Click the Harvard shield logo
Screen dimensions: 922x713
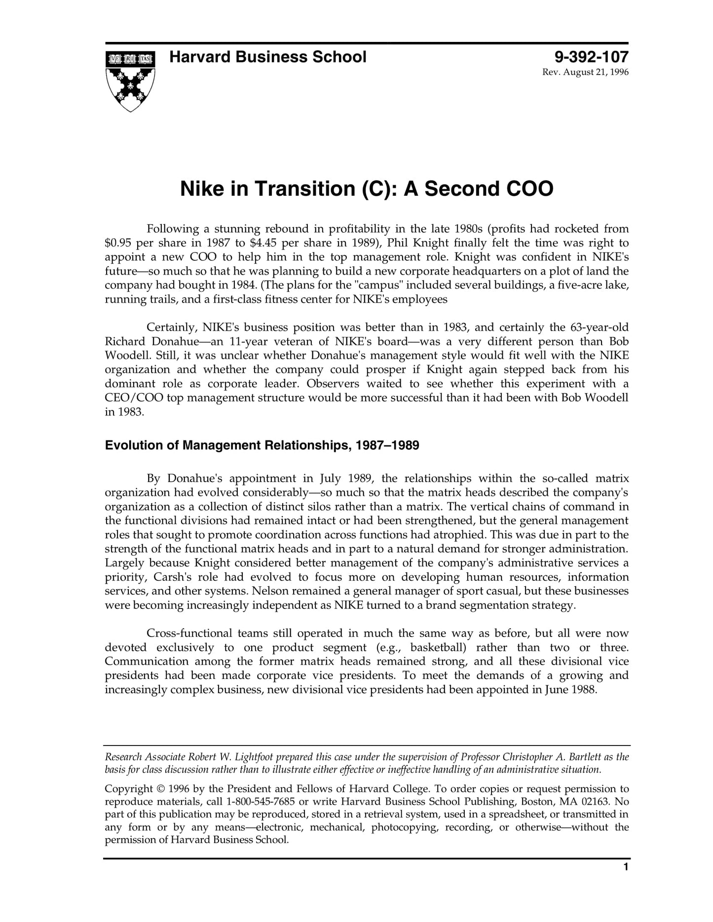[x=130, y=80]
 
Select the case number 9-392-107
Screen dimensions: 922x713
[x=591, y=57]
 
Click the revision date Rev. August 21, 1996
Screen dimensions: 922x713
[x=585, y=72]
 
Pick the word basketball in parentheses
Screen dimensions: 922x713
[x=438, y=647]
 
